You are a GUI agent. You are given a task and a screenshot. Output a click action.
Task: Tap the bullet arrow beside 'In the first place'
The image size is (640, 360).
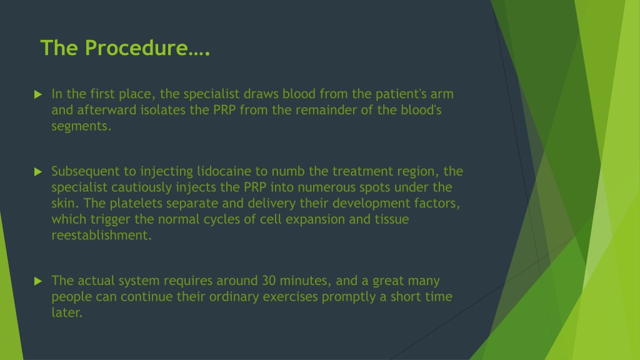(x=38, y=95)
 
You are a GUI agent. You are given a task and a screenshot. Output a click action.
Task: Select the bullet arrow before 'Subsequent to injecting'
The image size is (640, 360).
(x=38, y=172)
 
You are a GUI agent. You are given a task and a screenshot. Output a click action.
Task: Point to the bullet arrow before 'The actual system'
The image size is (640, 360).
(x=38, y=281)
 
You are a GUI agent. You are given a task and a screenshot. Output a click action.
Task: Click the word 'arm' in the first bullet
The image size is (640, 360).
(x=442, y=94)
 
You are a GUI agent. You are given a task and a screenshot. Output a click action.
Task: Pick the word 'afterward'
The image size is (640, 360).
(x=107, y=110)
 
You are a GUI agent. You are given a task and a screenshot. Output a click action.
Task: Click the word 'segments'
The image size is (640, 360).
(x=80, y=126)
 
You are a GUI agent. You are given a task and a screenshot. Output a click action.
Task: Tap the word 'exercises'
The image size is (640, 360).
(x=290, y=297)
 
